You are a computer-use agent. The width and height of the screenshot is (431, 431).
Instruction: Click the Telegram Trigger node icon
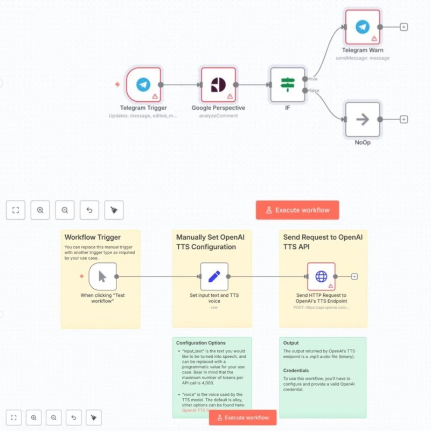pyautogui.click(x=143, y=85)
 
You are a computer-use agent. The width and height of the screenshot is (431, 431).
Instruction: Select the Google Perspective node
pyautogui.click(x=218, y=85)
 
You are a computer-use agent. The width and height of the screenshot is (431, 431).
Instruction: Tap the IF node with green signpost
pyautogui.click(x=288, y=85)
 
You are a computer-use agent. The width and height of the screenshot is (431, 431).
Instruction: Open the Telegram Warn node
pyautogui.click(x=363, y=27)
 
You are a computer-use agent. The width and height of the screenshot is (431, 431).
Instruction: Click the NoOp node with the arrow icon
pyautogui.click(x=363, y=119)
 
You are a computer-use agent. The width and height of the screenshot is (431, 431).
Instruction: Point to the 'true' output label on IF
pyautogui.click(x=313, y=79)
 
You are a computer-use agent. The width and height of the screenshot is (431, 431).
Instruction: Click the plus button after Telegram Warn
pyautogui.click(x=404, y=27)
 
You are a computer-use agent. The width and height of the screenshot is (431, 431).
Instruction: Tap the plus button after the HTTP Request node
pyautogui.click(x=354, y=276)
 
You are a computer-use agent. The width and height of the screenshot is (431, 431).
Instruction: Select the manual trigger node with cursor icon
pyautogui.click(x=102, y=276)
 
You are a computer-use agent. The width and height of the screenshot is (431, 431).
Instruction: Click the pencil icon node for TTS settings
pyautogui.click(x=214, y=276)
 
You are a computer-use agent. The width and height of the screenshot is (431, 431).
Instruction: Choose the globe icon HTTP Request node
pyautogui.click(x=321, y=276)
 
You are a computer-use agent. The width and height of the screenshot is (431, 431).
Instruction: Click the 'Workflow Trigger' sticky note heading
pyautogui.click(x=93, y=237)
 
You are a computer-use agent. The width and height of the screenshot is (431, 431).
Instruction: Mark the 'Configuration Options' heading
pyautogui.click(x=200, y=343)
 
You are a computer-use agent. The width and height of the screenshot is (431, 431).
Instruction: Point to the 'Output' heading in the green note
pyautogui.click(x=291, y=343)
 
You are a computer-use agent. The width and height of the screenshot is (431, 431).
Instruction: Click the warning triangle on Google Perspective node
pyautogui.click(x=230, y=96)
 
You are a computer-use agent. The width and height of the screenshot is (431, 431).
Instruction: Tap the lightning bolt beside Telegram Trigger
pyautogui.click(x=117, y=85)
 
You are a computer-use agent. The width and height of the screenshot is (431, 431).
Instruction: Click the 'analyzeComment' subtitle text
pyautogui.click(x=218, y=115)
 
